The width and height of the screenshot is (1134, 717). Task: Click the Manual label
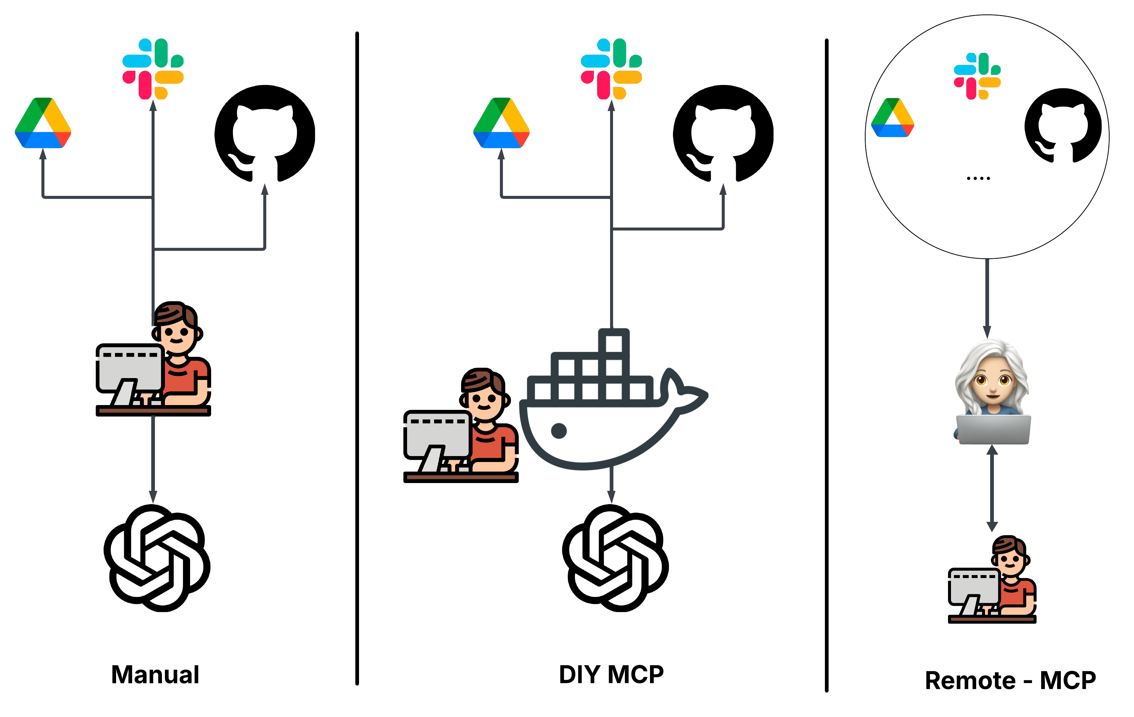point(155,674)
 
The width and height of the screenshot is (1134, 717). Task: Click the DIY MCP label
point(611,674)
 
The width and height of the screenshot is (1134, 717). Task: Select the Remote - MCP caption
point(1010,680)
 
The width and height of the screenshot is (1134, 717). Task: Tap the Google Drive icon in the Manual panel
point(43,123)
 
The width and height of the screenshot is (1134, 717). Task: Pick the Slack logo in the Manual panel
point(153,69)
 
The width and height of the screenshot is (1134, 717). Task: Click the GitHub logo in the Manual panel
point(265,133)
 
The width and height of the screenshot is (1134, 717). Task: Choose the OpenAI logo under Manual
point(157,558)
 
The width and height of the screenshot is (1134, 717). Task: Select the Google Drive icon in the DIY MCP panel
point(501,123)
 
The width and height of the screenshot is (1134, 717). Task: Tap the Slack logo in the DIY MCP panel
point(611,69)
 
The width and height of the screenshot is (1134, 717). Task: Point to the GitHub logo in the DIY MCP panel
point(723,133)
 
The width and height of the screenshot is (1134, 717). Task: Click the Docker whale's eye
point(559,430)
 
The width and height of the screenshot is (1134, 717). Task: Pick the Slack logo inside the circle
point(977,76)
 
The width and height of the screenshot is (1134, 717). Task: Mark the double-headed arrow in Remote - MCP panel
point(992,488)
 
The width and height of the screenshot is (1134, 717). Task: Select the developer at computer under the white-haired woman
point(992,580)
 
